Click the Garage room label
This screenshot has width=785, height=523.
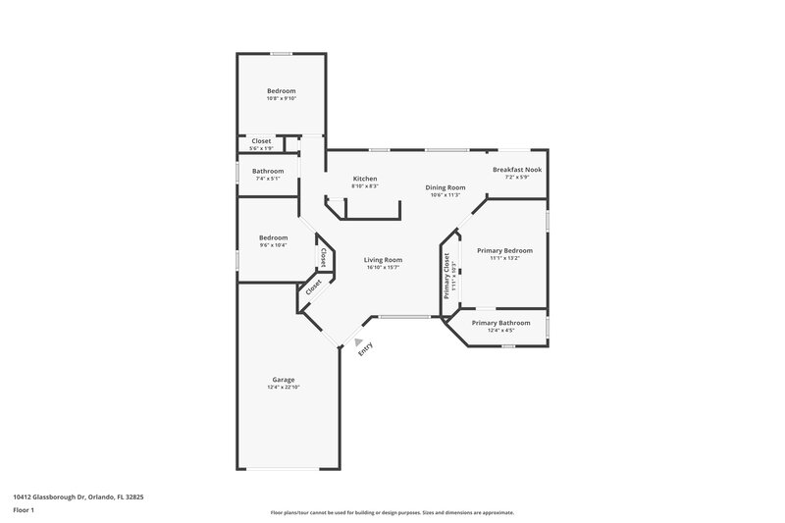pos(283,380)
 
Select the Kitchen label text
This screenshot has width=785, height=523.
pos(365,179)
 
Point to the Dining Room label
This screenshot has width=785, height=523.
pos(445,186)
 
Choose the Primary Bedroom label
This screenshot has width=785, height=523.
pos(503,250)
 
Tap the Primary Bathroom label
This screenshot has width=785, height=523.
pos(500,323)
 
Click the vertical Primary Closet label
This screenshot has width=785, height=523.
pos(446,276)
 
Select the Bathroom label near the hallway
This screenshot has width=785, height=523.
pos(268,171)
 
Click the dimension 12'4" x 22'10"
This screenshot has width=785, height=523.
pos(283,388)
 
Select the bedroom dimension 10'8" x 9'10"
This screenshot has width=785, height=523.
pos(281,98)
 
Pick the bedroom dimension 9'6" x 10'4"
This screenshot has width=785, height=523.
pos(273,244)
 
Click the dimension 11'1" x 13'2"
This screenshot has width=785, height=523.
pos(503,258)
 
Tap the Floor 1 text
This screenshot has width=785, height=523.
pos(25,511)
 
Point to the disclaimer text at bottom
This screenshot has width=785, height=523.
pos(392,512)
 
